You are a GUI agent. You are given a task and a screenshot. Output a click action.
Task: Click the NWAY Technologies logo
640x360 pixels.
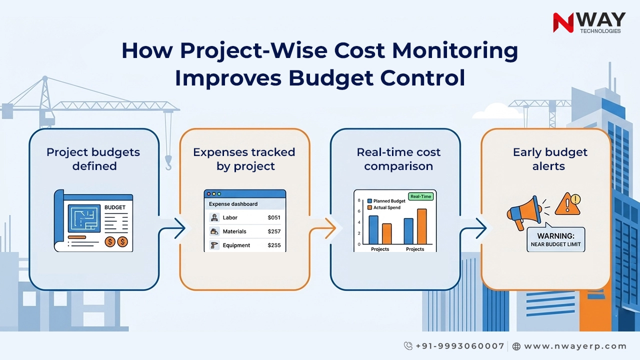coord(588,23)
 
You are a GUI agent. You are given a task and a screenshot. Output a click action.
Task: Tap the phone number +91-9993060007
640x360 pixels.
coord(460,346)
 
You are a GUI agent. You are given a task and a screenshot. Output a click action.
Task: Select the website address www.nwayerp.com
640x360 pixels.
coord(575,346)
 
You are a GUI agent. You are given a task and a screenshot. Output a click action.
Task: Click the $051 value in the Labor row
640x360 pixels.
coord(274,217)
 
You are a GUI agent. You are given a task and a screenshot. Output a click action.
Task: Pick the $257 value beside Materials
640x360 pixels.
coord(274,231)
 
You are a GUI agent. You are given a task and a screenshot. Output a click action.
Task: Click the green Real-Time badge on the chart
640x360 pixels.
coord(420,196)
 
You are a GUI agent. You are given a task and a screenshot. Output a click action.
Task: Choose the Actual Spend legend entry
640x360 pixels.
coord(386,207)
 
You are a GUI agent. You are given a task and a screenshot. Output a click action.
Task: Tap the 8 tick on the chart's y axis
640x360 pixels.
coord(359,200)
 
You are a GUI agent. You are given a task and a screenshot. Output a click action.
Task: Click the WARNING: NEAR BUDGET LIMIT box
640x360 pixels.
coord(555,240)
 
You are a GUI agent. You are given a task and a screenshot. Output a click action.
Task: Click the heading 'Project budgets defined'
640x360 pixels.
coord(93,159)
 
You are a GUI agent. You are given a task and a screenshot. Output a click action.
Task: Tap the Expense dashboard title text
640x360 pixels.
coord(233,204)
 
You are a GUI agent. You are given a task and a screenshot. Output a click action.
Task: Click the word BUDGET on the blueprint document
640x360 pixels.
coord(115,207)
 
